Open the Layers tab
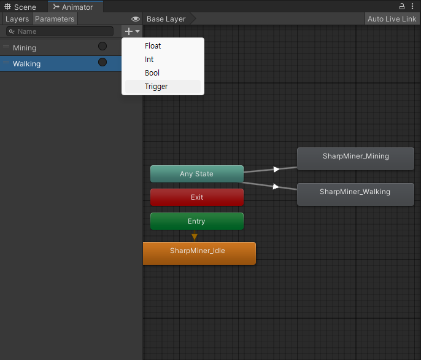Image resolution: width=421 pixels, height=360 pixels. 17,19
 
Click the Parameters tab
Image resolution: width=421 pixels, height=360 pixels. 55,19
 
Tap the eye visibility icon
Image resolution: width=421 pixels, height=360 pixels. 136,19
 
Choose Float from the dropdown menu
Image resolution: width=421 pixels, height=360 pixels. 153,46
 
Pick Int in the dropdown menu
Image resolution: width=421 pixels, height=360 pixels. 149,60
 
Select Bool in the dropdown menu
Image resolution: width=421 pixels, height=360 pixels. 152,73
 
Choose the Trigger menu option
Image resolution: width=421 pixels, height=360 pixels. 156,87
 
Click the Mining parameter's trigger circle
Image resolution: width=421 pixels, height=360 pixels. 102,47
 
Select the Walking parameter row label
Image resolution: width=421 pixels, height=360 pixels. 27,64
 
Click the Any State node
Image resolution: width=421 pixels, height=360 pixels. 196,174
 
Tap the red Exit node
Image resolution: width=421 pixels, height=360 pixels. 196,197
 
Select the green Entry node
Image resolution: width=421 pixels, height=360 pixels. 196,221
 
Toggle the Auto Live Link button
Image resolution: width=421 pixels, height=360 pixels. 392,19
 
